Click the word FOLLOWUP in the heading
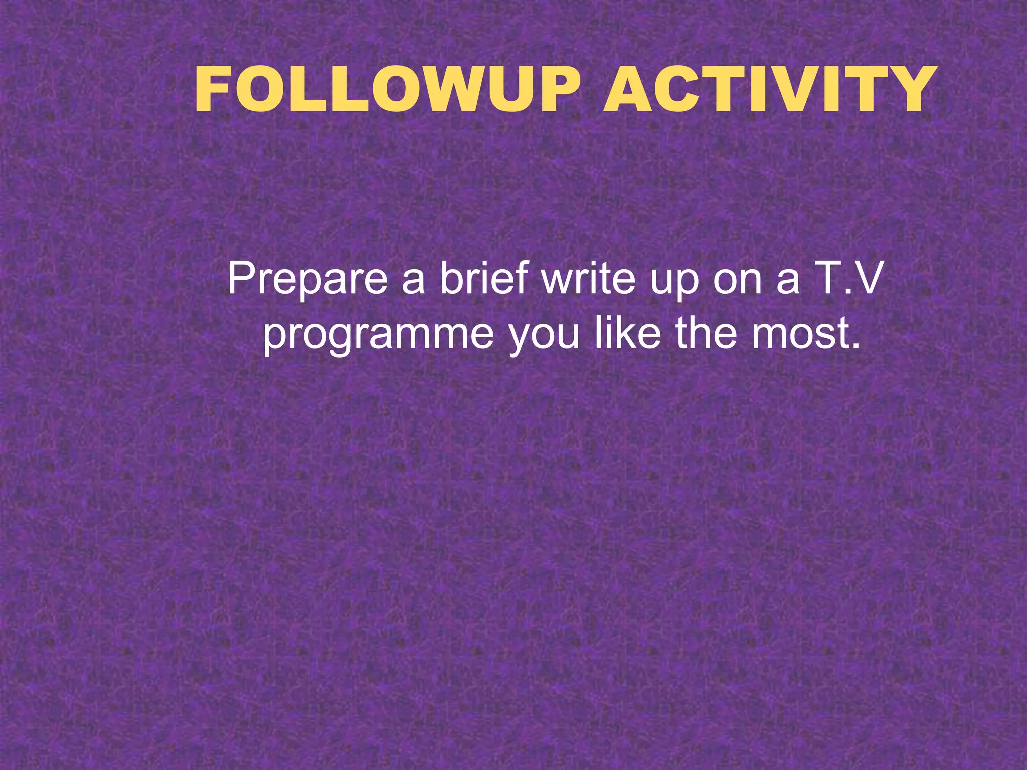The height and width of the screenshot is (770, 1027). [391, 90]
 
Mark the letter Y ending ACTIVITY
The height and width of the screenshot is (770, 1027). [903, 90]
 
